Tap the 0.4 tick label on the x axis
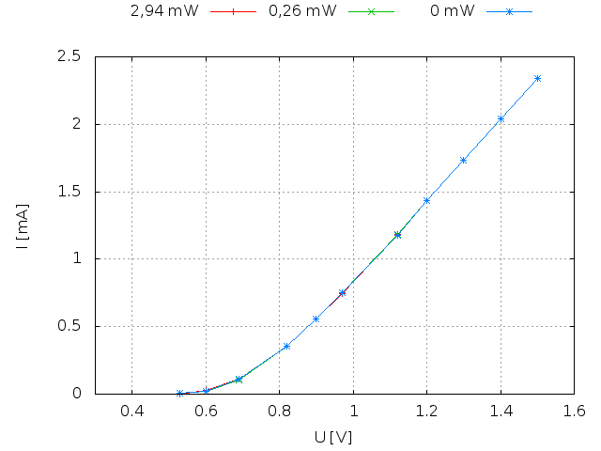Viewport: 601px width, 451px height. pos(131,411)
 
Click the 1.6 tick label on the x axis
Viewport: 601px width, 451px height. pos(574,411)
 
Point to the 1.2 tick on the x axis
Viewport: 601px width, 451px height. pos(426,411)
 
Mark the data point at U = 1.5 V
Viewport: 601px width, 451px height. pos(537,79)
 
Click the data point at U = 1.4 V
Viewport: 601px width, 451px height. pos(501,118)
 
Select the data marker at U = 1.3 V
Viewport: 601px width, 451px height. pos(463,160)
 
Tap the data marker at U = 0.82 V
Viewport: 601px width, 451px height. pos(286,347)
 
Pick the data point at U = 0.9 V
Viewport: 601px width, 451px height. pos(316,319)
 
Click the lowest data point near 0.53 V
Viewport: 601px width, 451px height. pos(179,393)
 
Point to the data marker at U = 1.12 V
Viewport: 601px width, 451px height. pos(397,235)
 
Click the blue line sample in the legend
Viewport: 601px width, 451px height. pos(509,11)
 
